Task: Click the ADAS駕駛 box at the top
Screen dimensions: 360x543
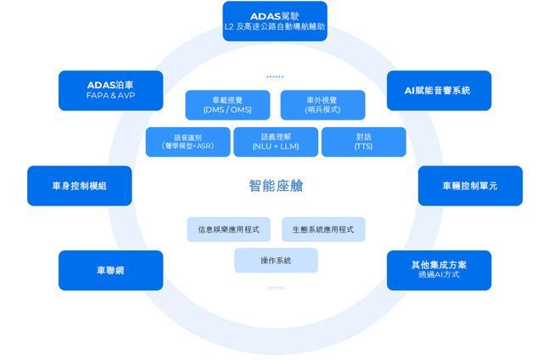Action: pos(274,21)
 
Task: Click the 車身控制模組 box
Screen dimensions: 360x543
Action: pos(80,185)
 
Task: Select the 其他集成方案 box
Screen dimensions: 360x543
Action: pos(439,270)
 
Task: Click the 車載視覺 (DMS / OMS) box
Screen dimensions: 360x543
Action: pos(228,105)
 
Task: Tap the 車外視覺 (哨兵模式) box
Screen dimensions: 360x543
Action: pos(322,105)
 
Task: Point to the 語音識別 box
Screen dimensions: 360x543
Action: pos(188,142)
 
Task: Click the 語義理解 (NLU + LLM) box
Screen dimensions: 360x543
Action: pos(276,142)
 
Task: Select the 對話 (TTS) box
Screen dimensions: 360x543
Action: pos(363,142)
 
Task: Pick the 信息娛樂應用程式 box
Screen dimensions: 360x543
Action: pos(228,229)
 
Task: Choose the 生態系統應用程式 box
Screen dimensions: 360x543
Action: pos(322,229)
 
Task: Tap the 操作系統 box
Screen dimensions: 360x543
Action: pos(276,261)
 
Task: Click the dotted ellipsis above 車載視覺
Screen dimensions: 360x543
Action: pos(275,76)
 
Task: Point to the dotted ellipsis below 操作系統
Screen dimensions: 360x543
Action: pos(276,288)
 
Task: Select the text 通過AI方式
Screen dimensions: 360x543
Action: pos(439,275)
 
